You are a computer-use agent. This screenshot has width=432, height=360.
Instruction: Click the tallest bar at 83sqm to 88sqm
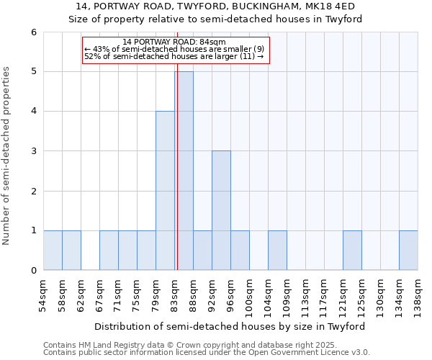click(x=184, y=171)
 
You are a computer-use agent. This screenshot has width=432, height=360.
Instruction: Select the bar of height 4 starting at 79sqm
click(x=165, y=191)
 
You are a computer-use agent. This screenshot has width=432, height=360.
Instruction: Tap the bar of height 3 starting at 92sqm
click(x=221, y=210)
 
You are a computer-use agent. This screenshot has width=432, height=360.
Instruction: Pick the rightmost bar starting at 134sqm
click(x=408, y=251)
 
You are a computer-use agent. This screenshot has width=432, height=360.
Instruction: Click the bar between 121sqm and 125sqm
click(x=352, y=251)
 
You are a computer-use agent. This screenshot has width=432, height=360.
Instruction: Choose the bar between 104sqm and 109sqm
click(x=277, y=251)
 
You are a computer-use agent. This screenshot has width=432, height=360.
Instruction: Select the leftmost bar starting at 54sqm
click(x=53, y=251)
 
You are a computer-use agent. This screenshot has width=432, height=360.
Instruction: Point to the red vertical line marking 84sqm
click(x=176, y=173)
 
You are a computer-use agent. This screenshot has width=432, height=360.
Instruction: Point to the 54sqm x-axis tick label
click(x=43, y=295)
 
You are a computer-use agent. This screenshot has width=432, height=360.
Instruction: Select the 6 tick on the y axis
click(x=33, y=32)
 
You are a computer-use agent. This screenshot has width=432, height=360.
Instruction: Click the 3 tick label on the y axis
click(x=33, y=151)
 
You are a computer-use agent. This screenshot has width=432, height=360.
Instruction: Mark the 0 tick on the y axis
click(x=33, y=271)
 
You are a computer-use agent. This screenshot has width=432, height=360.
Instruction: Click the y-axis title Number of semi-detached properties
click(x=7, y=156)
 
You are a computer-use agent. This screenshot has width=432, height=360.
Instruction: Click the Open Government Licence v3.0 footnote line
click(x=206, y=353)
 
